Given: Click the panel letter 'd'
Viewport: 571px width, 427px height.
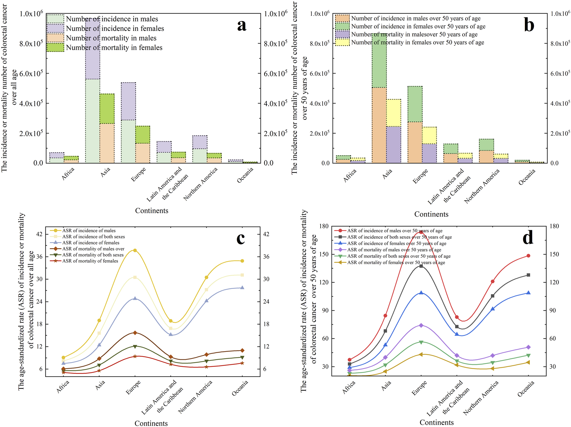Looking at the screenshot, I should tap(528, 238).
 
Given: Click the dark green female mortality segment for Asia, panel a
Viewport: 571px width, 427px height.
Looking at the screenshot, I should tap(107, 108).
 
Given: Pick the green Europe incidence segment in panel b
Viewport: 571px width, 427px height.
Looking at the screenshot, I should tap(415, 104).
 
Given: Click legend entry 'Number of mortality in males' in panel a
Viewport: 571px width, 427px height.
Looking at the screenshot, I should tap(111, 38).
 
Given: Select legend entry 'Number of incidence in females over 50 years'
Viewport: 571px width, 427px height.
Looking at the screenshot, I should tap(418, 26).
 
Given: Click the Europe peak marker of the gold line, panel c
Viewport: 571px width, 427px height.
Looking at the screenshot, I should tap(135, 250).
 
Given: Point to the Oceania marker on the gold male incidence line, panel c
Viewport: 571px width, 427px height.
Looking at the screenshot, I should tap(242, 261).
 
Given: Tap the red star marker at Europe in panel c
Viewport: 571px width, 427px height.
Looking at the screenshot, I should tap(135, 356).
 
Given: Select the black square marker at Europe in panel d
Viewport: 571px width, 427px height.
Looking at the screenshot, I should tap(421, 266).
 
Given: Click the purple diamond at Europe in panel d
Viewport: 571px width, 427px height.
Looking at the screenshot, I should tap(421, 325).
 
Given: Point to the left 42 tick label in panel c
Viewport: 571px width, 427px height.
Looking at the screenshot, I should tap(39, 234).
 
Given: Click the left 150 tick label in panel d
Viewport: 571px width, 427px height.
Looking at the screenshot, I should tap(324, 254).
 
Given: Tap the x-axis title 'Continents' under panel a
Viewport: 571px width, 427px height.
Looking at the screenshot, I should tap(151, 211).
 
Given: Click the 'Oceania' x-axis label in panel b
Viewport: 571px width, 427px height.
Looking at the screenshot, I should tap(527, 177).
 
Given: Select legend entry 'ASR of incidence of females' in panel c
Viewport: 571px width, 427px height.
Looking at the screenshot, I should tap(91, 243).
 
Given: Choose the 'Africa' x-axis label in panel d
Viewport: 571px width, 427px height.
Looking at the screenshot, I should tap(349, 387).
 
